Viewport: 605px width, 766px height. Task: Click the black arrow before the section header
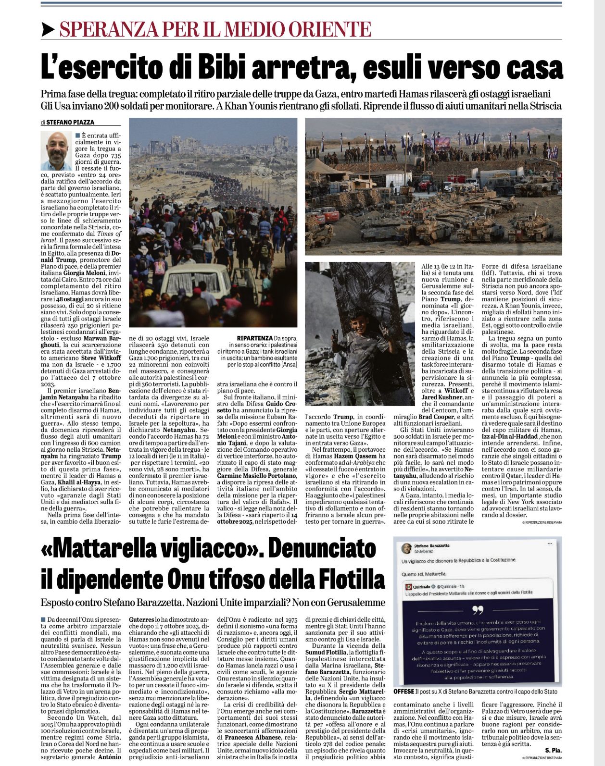coord(48,30)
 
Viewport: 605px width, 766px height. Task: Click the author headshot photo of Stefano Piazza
coord(56,150)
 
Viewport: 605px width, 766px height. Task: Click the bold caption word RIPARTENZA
coord(254,339)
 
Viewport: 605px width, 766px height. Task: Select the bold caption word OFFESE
coord(403,691)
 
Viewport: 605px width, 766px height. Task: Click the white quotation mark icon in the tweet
coord(478,610)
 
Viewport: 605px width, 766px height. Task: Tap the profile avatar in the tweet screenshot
coord(406,549)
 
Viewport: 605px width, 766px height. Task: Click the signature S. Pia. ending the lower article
coord(553,750)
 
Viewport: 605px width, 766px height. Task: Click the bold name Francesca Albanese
coord(252,737)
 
